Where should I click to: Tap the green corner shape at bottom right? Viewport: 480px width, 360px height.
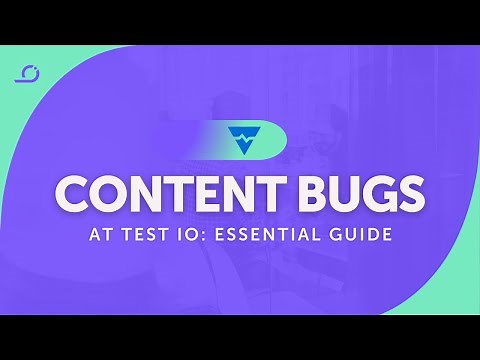[x=455, y=290]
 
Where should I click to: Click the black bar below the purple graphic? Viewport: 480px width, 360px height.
[x=240, y=337]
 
